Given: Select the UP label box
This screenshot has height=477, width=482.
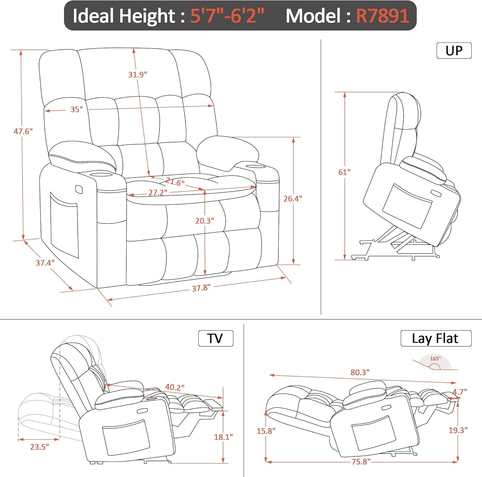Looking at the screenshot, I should coord(454,50).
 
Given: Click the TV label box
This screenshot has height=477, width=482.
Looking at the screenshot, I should coord(215,338).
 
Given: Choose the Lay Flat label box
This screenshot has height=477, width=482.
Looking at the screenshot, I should coord(436,338).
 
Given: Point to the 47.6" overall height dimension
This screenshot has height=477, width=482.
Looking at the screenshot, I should coord(23,131).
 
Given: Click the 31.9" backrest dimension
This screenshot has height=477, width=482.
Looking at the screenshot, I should coord(138,75).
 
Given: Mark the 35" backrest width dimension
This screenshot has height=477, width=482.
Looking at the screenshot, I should coord(76,109).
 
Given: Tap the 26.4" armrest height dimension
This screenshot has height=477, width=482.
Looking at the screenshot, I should coord(292,199).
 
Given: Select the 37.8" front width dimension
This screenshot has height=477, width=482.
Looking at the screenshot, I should coord(201,288).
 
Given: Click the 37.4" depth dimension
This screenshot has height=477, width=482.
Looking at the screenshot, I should coord(45,263).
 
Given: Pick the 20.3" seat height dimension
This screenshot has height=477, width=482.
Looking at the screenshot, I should coord(205,221).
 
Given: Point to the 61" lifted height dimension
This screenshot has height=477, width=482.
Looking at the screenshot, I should coord(344,172).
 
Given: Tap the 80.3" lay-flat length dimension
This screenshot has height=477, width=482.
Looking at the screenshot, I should coord(360,372).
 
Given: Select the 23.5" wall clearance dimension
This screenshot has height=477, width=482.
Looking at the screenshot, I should coord(40,447).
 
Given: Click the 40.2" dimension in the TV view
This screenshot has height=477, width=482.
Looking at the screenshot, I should coord(175,387).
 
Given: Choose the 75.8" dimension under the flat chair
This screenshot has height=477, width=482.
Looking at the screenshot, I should coord(361,462).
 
